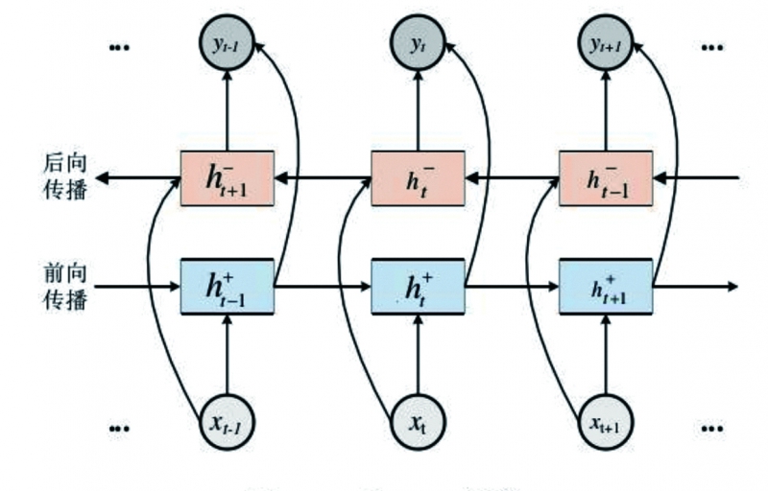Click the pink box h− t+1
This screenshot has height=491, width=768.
coord(228,178)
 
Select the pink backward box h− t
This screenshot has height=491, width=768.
coord(418,178)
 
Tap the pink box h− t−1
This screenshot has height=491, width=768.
coord(606,178)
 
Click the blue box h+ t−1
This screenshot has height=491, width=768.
coord(228,286)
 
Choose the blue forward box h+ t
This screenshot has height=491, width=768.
coord(418,286)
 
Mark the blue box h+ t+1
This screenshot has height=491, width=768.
coord(606,286)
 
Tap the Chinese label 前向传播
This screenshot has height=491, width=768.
coord(64,286)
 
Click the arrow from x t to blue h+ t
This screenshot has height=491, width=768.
coord(418,355)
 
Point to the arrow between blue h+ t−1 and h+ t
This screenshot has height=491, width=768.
coord(323,286)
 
